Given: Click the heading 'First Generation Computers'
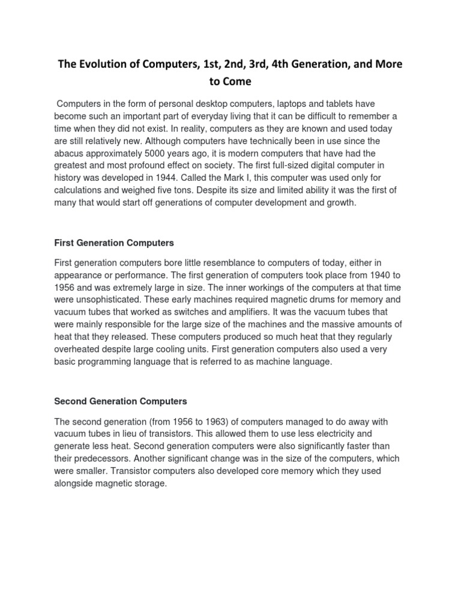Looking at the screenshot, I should point(114,243).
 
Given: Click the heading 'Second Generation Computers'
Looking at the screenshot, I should point(121,401).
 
